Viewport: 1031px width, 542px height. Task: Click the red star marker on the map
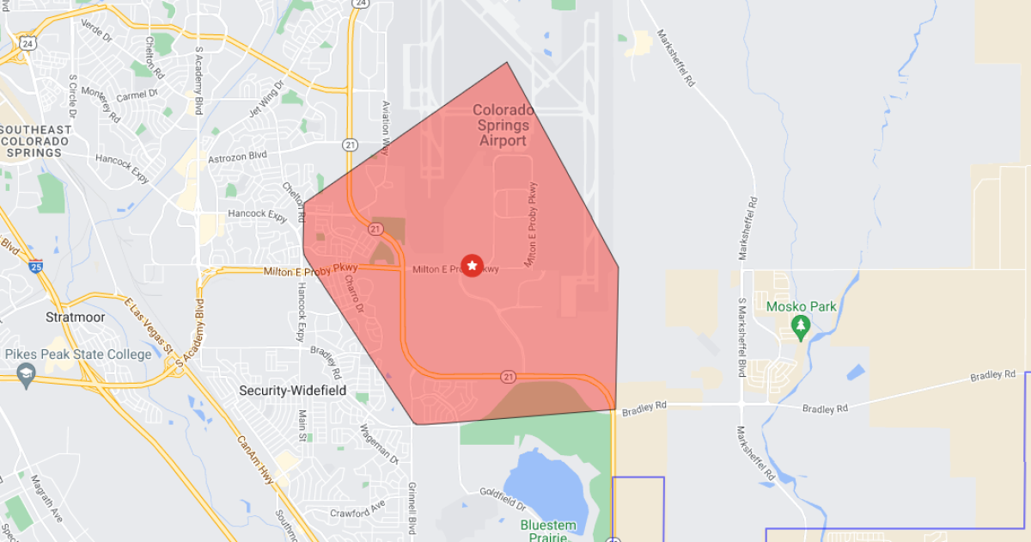[x=472, y=266]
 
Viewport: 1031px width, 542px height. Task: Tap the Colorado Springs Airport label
[x=503, y=126]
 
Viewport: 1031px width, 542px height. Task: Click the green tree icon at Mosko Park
[x=801, y=325]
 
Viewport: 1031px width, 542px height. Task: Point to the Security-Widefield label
[x=292, y=391]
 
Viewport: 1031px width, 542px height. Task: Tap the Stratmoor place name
[x=76, y=317]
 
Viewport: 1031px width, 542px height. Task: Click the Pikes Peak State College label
[x=78, y=354]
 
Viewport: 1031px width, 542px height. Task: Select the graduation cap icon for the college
[x=26, y=373]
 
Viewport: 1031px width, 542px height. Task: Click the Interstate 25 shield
[x=35, y=267]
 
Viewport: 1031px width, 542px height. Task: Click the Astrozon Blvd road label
[x=237, y=156]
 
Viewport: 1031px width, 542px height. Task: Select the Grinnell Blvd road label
[x=412, y=509]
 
